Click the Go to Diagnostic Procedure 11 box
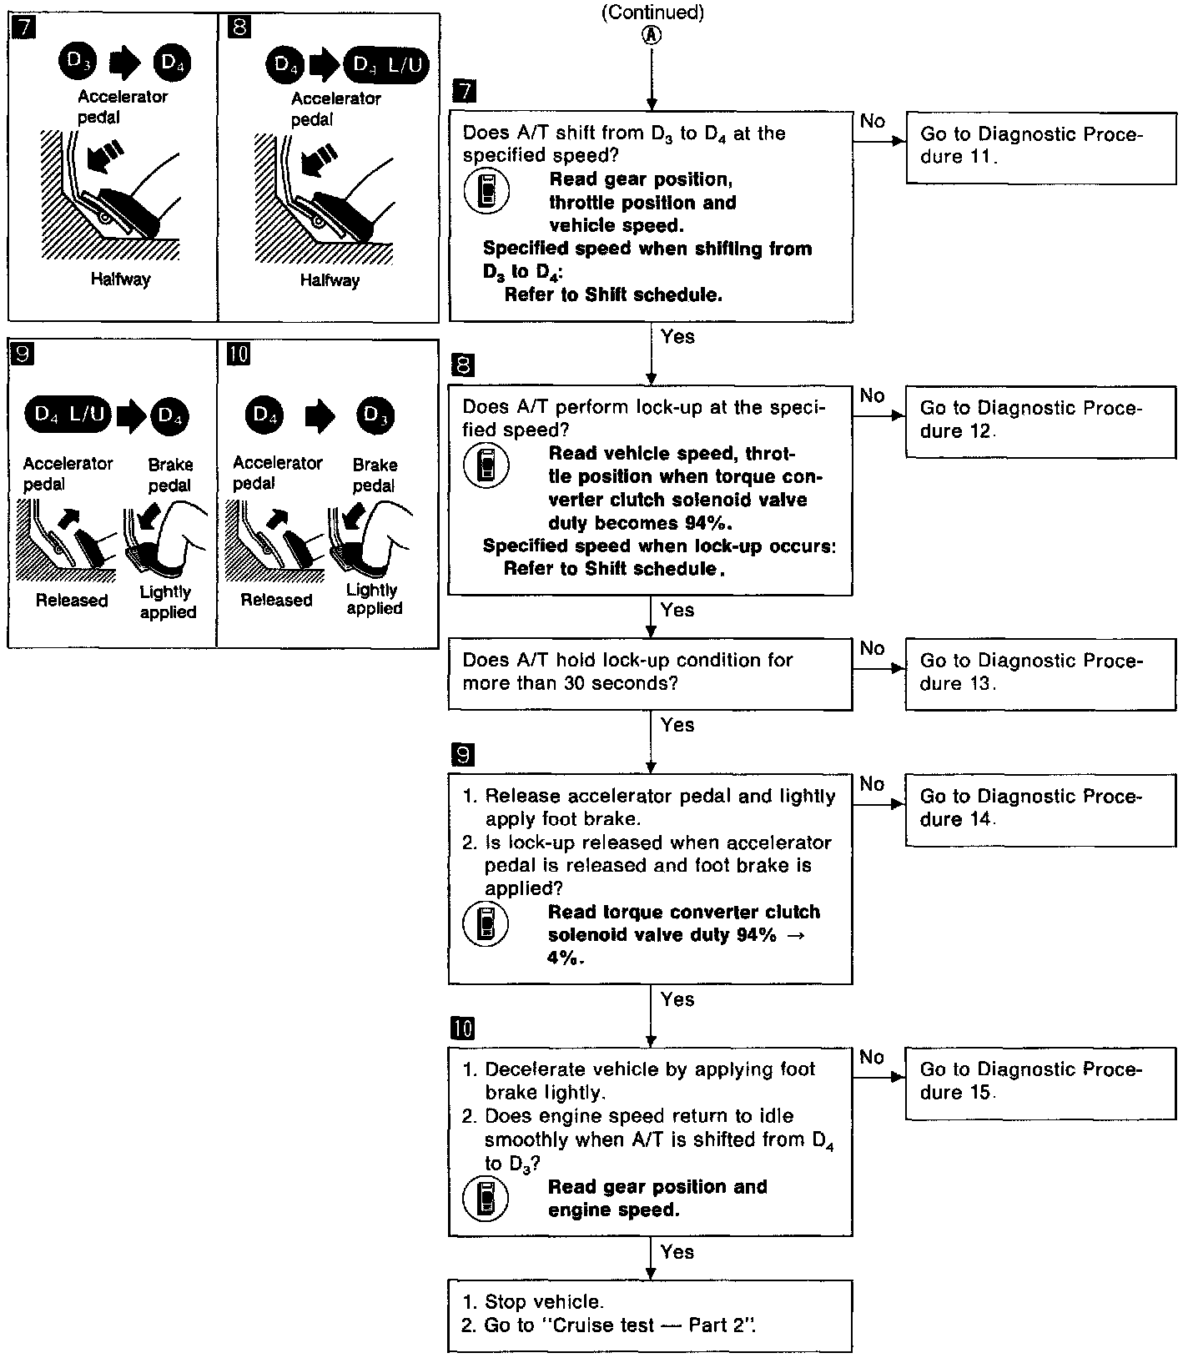[1040, 148]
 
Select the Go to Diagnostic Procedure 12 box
[1040, 420]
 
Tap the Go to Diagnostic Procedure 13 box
[1040, 673]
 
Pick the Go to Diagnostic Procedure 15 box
[1040, 1082]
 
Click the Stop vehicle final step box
[650, 1315]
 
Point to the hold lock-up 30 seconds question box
[650, 673]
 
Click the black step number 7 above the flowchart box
[463, 91]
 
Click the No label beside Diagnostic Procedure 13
[873, 648]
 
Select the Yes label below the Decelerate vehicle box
[677, 1252]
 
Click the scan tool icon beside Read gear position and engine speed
[485, 1199]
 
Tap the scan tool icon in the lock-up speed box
[485, 465]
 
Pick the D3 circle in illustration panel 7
[78, 62]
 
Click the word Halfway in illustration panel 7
[121, 279]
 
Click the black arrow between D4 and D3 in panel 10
[320, 415]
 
